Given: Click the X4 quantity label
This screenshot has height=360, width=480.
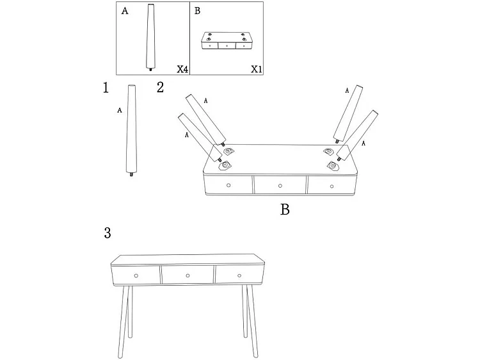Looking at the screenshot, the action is [x=182, y=69].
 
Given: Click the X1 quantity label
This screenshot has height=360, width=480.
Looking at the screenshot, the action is [x=257, y=69].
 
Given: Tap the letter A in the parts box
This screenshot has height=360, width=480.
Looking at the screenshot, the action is [x=125, y=12].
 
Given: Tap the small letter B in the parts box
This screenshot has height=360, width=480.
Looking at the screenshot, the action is [x=198, y=11].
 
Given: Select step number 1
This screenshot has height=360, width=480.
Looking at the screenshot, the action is [x=106, y=88].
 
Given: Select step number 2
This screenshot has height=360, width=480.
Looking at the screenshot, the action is [x=160, y=87].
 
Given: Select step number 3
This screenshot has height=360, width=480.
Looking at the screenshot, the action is [x=108, y=233].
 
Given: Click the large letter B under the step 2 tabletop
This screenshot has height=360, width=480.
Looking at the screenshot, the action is [x=285, y=209].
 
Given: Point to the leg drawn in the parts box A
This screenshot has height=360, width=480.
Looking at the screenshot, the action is [x=150, y=37].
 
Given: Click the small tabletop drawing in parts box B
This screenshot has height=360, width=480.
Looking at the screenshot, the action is [x=227, y=40].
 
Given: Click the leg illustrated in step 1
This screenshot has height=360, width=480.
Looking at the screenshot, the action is [x=132, y=131].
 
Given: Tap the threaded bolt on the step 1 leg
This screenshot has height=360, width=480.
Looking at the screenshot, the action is [x=132, y=175].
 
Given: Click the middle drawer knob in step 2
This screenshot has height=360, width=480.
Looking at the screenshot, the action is [x=280, y=186].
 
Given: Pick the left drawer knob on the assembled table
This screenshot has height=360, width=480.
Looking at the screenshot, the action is [x=136, y=275].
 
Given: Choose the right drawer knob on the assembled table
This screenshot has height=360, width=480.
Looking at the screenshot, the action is [x=239, y=275].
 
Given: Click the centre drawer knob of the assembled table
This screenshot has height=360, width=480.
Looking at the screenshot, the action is [x=188, y=275].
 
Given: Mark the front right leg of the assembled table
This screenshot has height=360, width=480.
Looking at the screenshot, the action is [x=252, y=322].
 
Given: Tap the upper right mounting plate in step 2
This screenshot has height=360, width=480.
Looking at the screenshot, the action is [x=329, y=151].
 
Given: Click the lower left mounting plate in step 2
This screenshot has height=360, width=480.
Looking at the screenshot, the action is [x=225, y=165].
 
